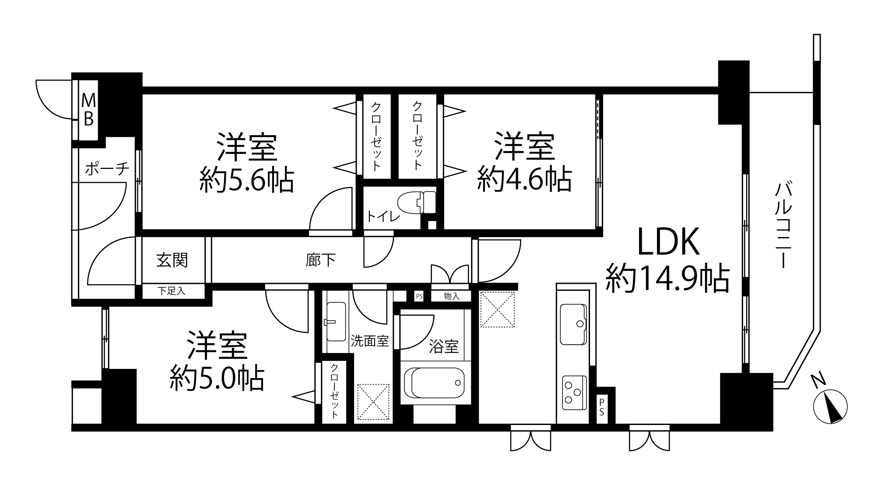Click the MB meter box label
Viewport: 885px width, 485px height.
(x=89, y=111)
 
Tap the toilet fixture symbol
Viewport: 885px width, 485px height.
(x=417, y=202)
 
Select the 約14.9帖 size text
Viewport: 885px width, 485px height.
(x=667, y=279)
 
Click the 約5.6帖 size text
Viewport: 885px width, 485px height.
(x=247, y=180)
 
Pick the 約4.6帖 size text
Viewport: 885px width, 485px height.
(x=524, y=179)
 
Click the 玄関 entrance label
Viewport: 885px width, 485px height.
(x=172, y=260)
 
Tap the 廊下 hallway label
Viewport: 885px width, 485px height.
(x=321, y=260)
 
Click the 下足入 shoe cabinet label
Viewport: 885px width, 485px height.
(x=172, y=290)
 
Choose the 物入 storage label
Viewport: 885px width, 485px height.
(x=451, y=296)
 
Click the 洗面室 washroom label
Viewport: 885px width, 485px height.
(x=370, y=341)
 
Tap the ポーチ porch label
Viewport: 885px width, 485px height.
(x=107, y=169)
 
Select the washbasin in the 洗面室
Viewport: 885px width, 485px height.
(x=336, y=322)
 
